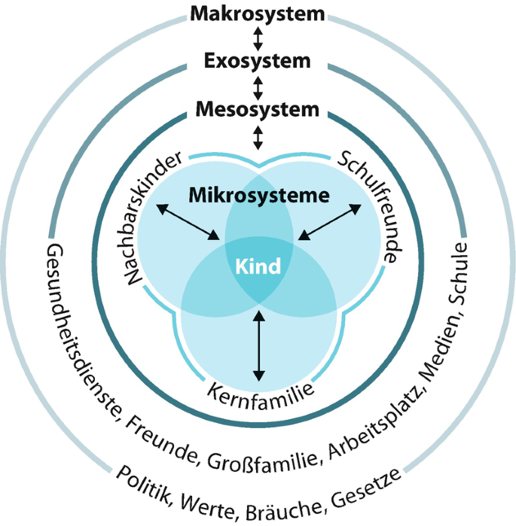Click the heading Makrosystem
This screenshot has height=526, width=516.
click(x=258, y=14)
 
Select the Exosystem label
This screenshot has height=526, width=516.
click(x=258, y=61)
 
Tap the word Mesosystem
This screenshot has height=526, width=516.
click(x=258, y=110)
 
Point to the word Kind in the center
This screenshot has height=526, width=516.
click(x=258, y=266)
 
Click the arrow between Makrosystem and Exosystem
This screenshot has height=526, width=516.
click(x=258, y=38)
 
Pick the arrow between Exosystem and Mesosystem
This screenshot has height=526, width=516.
click(x=258, y=86)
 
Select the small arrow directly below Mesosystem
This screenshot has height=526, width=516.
click(x=258, y=136)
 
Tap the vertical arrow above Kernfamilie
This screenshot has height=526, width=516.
click(x=258, y=345)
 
